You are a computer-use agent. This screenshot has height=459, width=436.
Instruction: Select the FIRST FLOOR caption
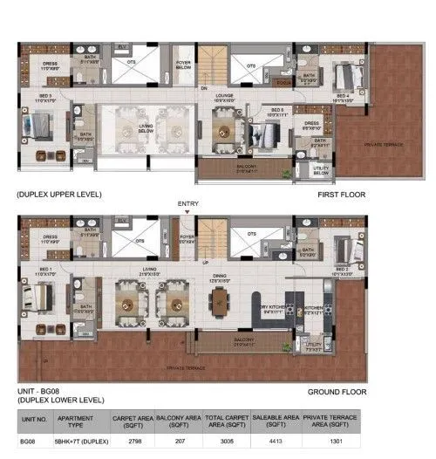point(342,195)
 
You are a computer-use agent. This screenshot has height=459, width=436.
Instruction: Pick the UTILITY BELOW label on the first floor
point(320,171)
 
